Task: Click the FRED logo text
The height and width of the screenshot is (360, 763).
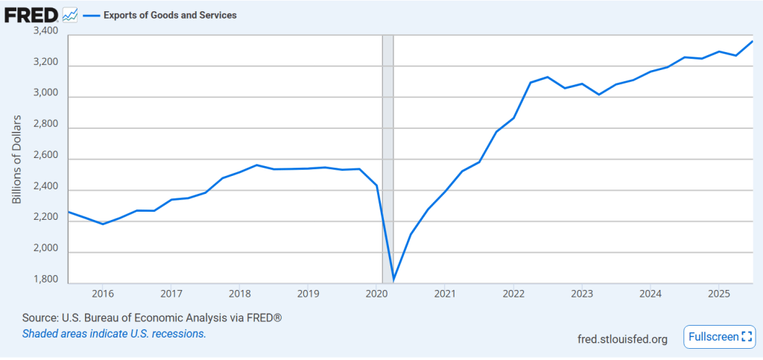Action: (x=32, y=14)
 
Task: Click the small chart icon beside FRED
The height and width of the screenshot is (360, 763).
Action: (x=70, y=14)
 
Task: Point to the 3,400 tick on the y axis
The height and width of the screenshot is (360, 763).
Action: (x=46, y=31)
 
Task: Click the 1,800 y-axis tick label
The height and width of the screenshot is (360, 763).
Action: (x=46, y=280)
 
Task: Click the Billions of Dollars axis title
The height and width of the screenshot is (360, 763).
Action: (x=17, y=160)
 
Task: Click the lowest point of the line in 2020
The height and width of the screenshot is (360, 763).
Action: (x=393, y=280)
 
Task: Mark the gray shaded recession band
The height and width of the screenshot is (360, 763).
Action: (x=387, y=149)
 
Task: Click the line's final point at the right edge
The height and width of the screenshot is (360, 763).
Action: (x=752, y=42)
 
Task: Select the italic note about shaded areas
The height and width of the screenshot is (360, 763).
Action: (x=114, y=333)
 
